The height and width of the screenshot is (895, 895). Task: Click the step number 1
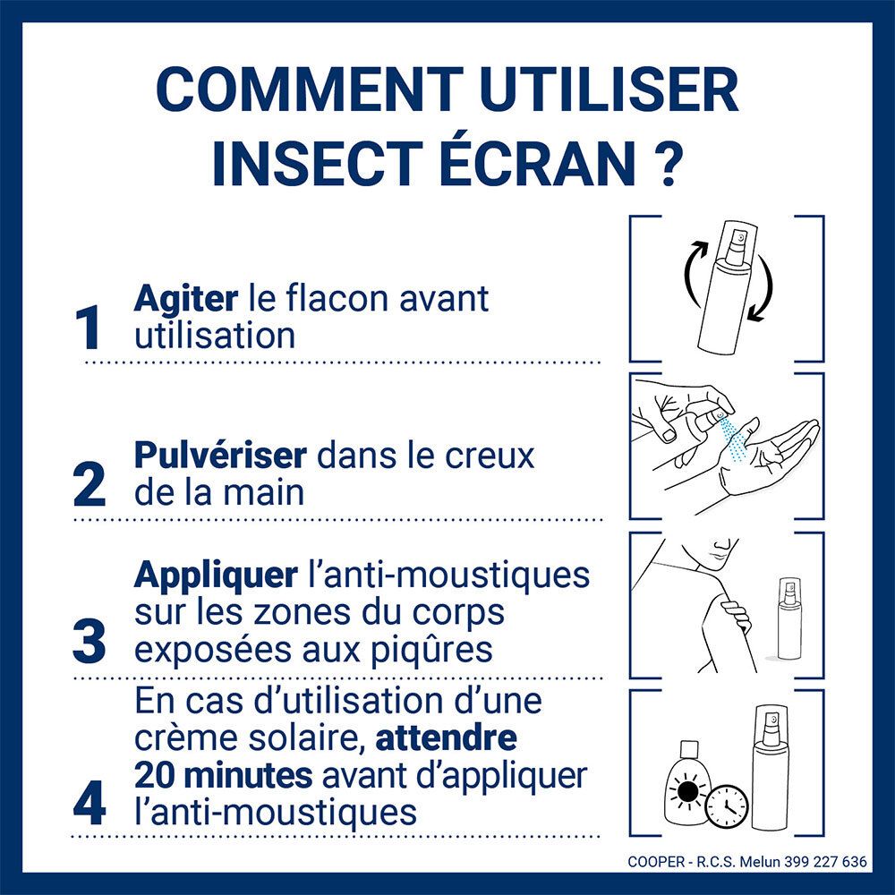(x=90, y=328)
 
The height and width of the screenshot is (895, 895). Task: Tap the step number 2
(x=89, y=485)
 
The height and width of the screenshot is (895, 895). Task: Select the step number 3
(x=89, y=643)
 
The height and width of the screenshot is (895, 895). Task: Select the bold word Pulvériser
(x=220, y=456)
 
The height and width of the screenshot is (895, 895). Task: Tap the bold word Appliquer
(x=215, y=575)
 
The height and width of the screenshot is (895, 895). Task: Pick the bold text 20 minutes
(x=223, y=773)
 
